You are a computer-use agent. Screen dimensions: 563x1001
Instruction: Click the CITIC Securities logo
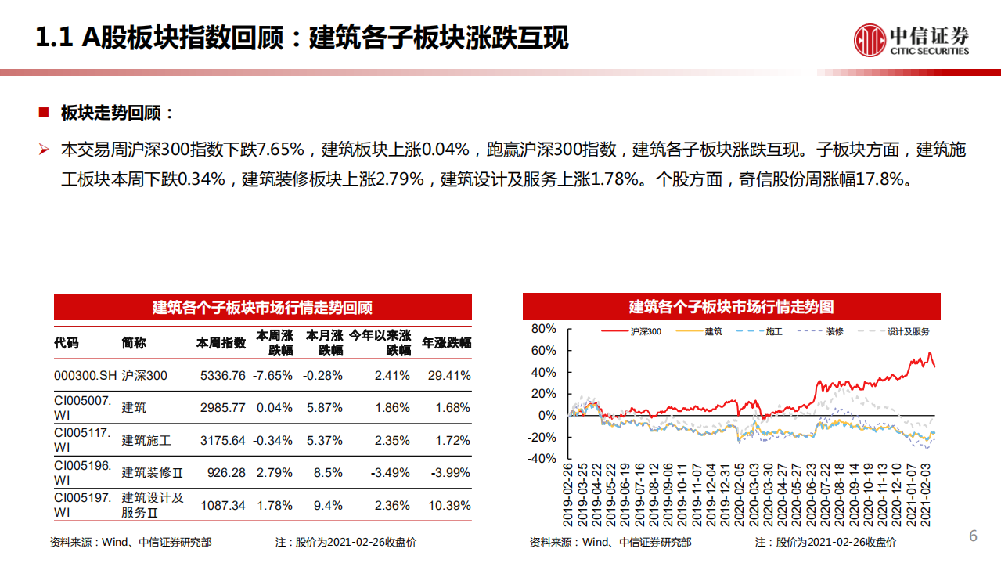pos(911,39)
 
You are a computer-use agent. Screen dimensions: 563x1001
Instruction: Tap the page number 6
pos(974,536)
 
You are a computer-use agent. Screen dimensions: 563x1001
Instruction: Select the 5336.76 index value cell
pos(222,376)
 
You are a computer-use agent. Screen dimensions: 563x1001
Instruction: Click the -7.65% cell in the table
pos(272,376)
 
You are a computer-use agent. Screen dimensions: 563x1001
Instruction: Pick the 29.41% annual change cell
pos(449,376)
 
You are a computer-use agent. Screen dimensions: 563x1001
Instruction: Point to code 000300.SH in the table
pos(85,376)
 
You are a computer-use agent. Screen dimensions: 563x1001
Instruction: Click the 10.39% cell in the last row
pos(449,506)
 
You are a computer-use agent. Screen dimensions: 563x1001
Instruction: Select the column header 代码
pos(67,343)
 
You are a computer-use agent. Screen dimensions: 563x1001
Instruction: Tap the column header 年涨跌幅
pos(447,343)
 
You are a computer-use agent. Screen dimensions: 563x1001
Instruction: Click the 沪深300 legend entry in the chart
pos(645,332)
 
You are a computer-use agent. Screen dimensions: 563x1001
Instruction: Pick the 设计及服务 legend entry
pos(908,332)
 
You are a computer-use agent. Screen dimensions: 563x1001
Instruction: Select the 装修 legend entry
pos(834,332)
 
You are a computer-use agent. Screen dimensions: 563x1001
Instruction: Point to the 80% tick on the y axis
pos(542,329)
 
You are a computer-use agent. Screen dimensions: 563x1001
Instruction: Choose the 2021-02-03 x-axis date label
pos(927,495)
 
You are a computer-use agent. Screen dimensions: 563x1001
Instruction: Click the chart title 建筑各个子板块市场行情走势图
pos(731,307)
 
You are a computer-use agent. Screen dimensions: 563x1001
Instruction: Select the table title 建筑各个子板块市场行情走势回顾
pos(262,307)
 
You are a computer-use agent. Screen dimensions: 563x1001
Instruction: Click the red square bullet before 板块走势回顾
pos(44,112)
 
